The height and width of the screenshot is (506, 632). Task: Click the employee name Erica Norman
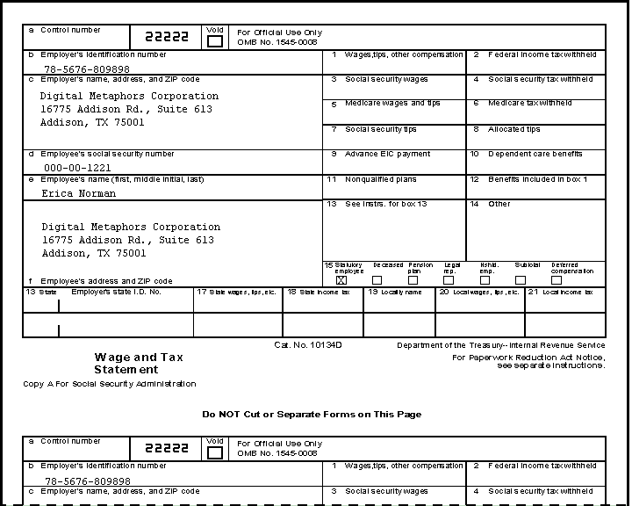click(77, 193)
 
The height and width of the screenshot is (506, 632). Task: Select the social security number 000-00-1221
click(77, 168)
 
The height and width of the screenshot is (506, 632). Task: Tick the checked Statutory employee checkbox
click(341, 280)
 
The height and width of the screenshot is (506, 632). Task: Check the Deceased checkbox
click(377, 280)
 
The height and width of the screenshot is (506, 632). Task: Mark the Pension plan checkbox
click(413, 280)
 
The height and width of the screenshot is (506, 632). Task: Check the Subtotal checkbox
click(521, 280)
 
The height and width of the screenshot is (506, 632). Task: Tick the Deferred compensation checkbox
click(557, 280)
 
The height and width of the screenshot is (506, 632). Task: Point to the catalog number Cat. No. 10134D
click(307, 345)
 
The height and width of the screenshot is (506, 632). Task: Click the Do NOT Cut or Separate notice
click(312, 415)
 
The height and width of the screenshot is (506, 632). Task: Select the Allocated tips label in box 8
click(514, 129)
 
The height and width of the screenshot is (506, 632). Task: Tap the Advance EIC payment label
click(387, 154)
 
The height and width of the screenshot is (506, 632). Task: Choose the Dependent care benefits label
click(535, 154)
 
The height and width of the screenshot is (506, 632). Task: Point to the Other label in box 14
click(499, 204)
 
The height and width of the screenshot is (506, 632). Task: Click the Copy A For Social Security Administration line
click(110, 384)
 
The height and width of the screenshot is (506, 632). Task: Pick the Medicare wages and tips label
click(392, 104)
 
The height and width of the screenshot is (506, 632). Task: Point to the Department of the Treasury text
click(500, 345)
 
